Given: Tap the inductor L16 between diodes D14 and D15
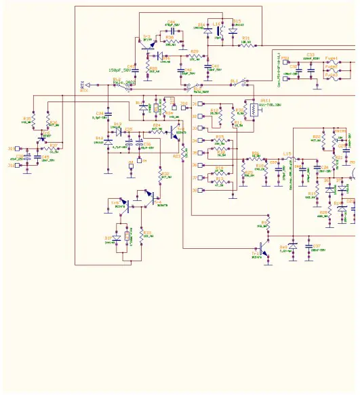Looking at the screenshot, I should (218, 30).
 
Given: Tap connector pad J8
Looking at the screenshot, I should (195, 191).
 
